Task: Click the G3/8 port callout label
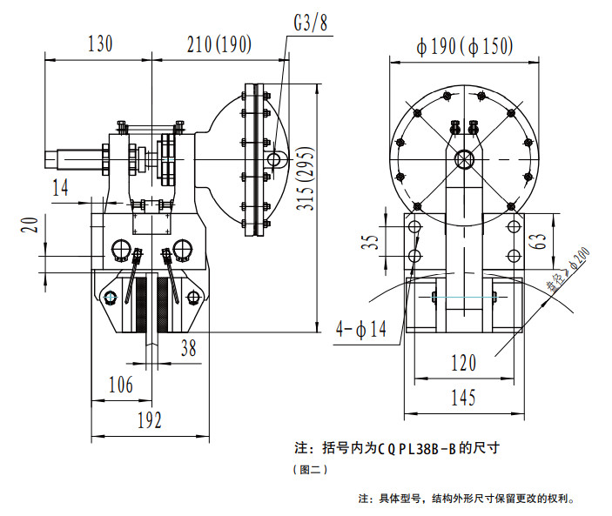point(311,23)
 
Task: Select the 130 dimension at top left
point(100,44)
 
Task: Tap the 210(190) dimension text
point(219,44)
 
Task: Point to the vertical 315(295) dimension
point(306,178)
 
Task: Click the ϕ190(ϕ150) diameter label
point(465,47)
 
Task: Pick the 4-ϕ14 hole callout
point(361,329)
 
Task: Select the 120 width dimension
point(464,363)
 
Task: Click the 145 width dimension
point(464,398)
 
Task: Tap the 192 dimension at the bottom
point(150,420)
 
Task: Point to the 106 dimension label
point(121,385)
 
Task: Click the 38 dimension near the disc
point(189,348)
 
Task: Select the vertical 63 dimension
point(538,241)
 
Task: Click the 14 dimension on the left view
point(60,188)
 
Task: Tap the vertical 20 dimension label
point(30,225)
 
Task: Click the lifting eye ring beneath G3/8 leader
point(274,159)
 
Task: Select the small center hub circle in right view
point(465,159)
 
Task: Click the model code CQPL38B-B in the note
point(417,449)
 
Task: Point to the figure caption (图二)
point(310,469)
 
